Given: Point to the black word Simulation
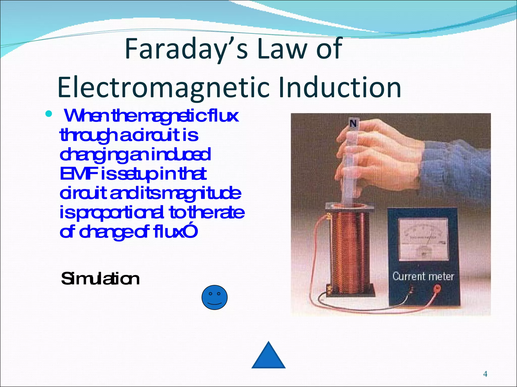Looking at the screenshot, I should (100, 279).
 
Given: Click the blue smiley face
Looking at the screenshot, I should (214, 297).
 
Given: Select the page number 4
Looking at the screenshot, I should (485, 374).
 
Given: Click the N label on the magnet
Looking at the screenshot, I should (353, 123).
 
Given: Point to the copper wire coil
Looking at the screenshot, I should (348, 249).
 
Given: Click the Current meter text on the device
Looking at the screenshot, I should (423, 276).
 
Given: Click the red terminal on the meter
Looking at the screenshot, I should (437, 287).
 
